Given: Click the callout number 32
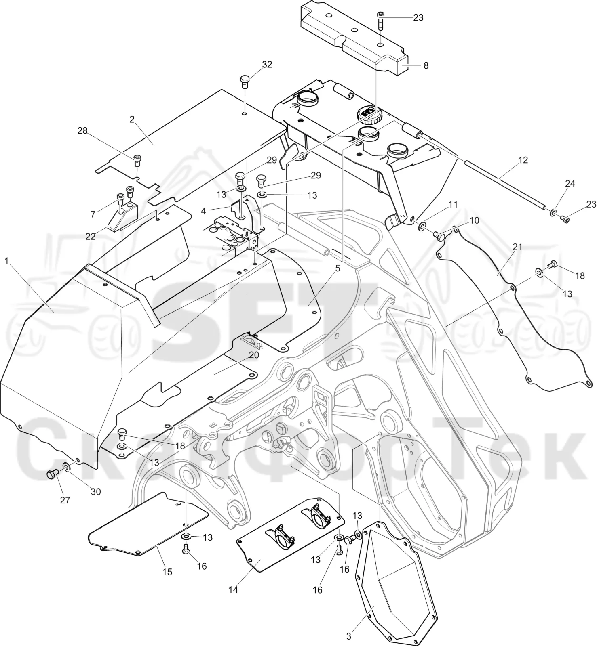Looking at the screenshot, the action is [267, 65].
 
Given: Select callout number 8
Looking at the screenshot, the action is [426, 65].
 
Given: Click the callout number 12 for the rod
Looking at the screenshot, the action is [523, 160].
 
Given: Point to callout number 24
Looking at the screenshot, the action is [570, 184].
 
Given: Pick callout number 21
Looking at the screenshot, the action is [517, 247].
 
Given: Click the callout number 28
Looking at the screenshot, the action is [82, 131].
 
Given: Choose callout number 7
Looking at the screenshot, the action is [93, 214].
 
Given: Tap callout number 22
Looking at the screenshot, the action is [90, 236].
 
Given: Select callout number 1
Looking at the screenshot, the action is [6, 261].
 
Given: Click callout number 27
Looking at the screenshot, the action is [65, 500].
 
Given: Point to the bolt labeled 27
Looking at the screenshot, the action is [51, 474].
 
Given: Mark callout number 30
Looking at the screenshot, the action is [96, 492].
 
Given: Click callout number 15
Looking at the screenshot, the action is [167, 572].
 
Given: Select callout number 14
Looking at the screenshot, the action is [233, 590].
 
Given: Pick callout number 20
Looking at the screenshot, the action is [254, 355].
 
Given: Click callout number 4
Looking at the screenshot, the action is [203, 211].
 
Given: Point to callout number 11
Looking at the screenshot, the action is [453, 205].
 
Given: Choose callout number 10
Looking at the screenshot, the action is [474, 220].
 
